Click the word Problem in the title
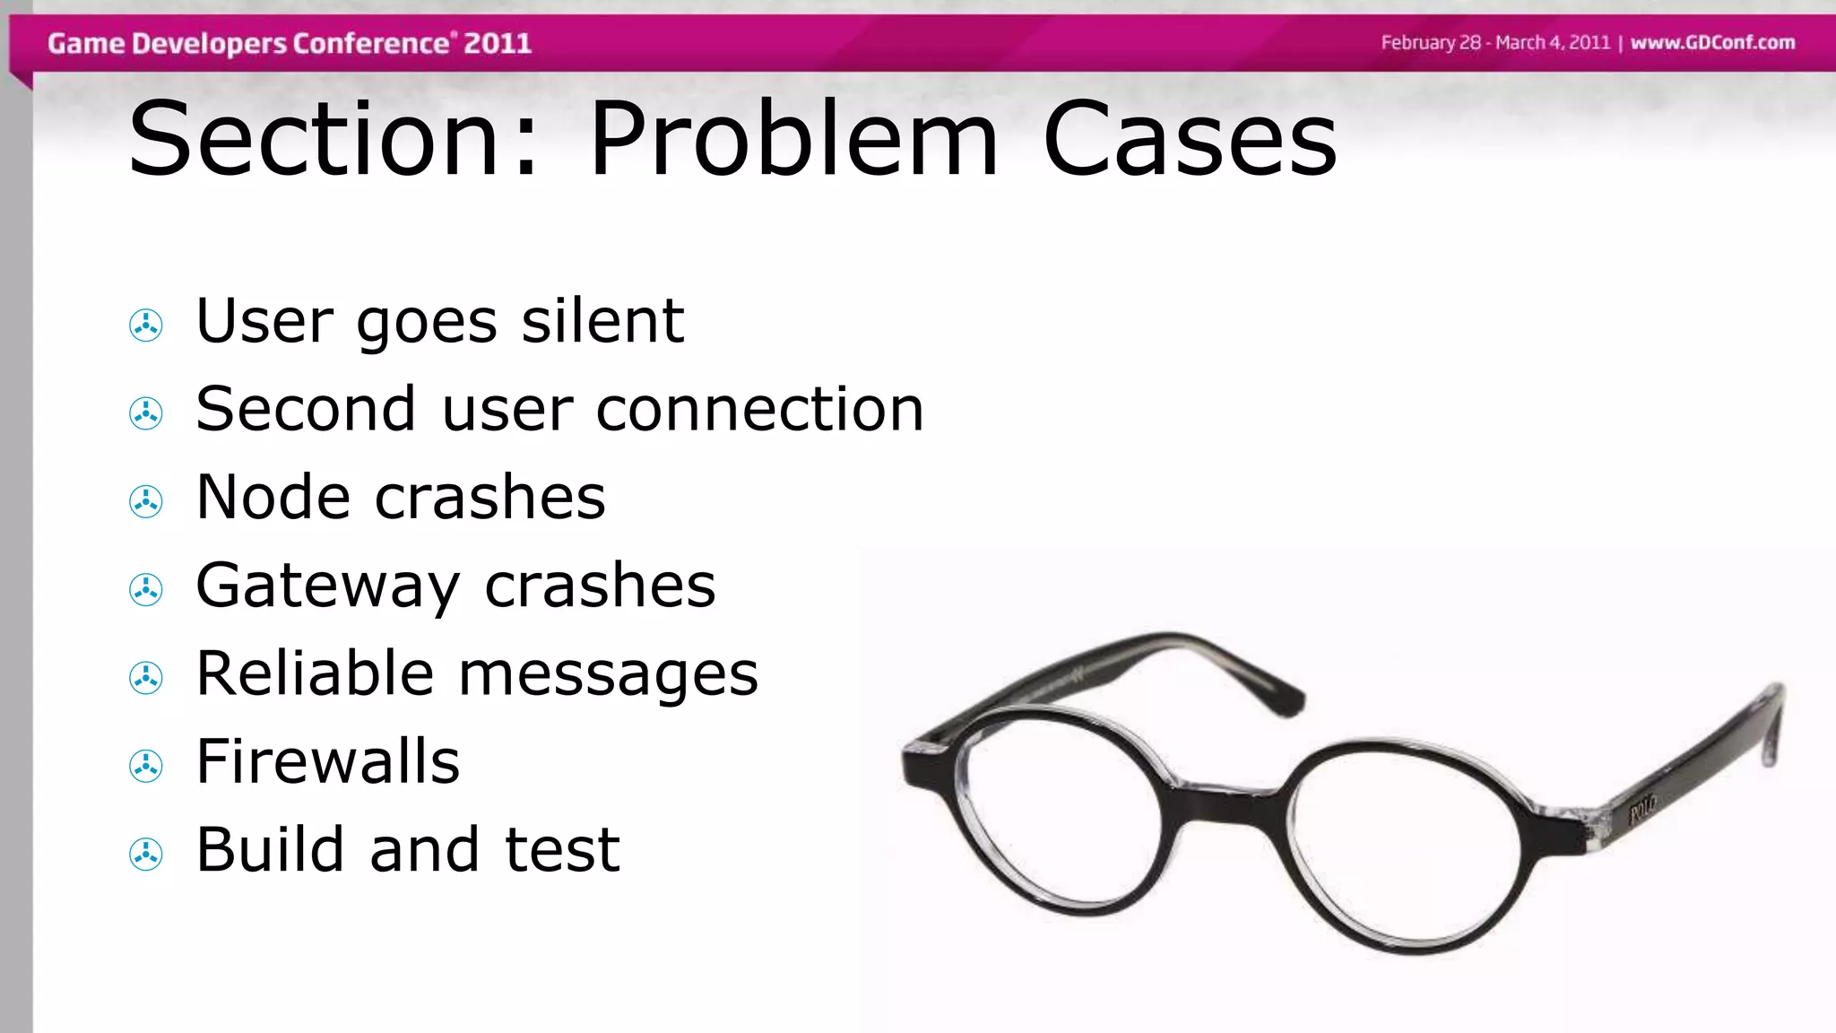tap(792, 139)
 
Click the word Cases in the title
tap(1190, 139)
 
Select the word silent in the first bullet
tap(602, 321)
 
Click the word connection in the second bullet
tap(759, 410)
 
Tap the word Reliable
tap(315, 673)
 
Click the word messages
tap(608, 675)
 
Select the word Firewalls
tap(327, 761)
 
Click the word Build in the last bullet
tap(270, 849)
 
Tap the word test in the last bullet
tap(562, 849)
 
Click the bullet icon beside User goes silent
tap(146, 325)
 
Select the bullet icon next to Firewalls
tap(146, 766)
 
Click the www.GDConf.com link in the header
tap(1712, 43)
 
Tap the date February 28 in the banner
tap(1431, 43)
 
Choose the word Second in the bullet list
tap(306, 410)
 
